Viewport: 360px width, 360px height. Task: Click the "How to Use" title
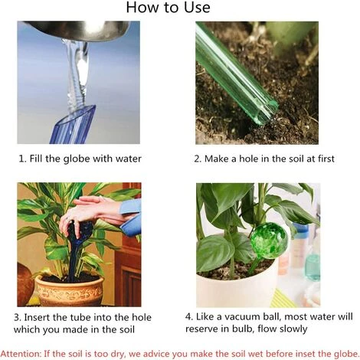click(168, 8)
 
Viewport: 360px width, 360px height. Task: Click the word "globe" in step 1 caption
click(77, 159)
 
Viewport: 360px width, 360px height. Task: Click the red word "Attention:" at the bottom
click(21, 354)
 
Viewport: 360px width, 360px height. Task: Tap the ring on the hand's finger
click(68, 219)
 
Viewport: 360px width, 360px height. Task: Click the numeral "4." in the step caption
click(189, 317)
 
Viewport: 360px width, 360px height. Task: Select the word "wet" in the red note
click(256, 354)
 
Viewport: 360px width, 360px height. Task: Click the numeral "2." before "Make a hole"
click(198, 159)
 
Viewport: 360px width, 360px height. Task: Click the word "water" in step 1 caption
click(128, 159)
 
